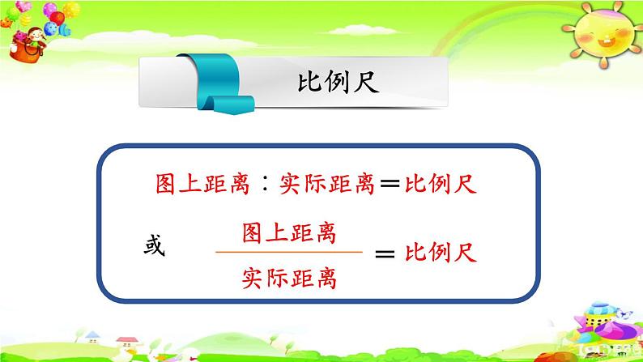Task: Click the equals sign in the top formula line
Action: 390,185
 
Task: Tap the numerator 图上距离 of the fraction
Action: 289,233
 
